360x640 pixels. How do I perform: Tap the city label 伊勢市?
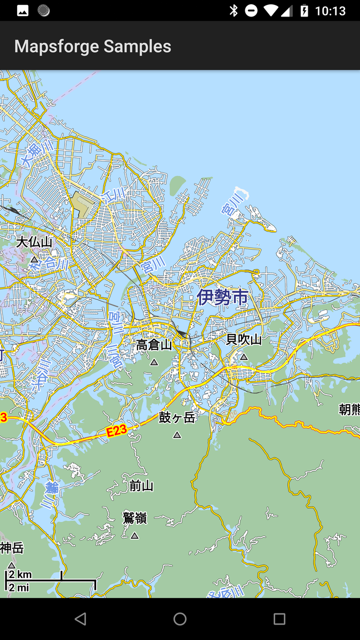click(222, 297)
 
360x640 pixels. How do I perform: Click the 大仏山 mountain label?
click(34, 242)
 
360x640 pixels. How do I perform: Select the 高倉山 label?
click(154, 345)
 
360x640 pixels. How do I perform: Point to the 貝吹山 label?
click(244, 339)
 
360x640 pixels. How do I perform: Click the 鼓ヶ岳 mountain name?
click(177, 418)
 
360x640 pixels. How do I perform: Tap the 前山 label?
click(141, 486)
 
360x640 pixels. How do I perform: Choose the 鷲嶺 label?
click(134, 518)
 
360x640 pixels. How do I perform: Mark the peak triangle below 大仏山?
click(35, 259)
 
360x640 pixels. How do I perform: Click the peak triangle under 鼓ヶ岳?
click(177, 435)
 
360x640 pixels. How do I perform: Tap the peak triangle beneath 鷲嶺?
click(134, 535)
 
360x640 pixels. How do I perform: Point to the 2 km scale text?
click(20, 574)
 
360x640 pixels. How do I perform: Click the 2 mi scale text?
click(19, 587)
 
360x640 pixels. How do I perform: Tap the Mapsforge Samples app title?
click(93, 46)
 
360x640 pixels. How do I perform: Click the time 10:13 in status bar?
click(330, 11)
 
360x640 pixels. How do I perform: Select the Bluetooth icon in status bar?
click(233, 11)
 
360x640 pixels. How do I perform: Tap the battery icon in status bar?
click(304, 11)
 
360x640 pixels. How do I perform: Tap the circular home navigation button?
click(180, 619)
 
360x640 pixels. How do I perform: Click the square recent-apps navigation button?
click(279, 619)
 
